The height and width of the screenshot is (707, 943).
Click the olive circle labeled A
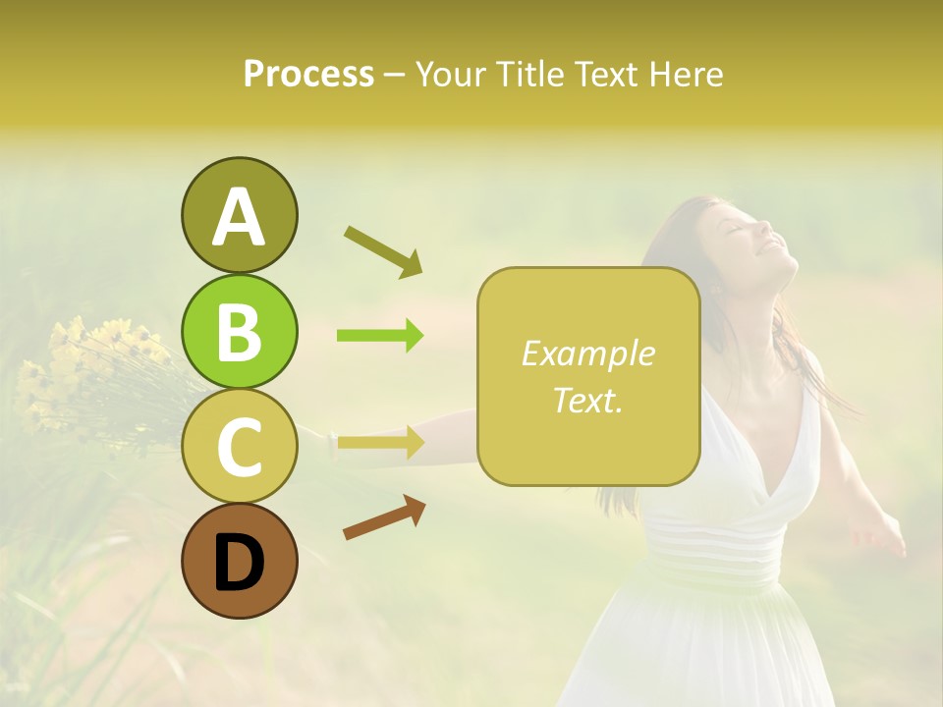click(x=239, y=216)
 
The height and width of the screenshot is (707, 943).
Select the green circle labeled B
click(x=239, y=331)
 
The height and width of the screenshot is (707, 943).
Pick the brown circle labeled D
click(x=239, y=561)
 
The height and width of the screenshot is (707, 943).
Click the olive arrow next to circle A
click(x=383, y=250)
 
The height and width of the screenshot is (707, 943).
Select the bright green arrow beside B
click(x=380, y=336)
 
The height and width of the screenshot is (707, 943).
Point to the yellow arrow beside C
click(x=380, y=443)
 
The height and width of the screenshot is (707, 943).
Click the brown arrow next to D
click(x=384, y=517)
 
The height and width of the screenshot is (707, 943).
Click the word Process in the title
click(x=308, y=75)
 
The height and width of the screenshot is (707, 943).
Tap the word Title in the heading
click(x=529, y=75)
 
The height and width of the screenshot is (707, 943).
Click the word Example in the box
click(x=587, y=353)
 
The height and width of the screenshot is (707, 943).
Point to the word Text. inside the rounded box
click(x=587, y=400)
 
